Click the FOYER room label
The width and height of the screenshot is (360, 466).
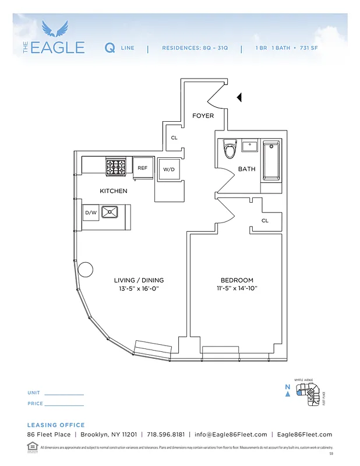(x=203, y=115)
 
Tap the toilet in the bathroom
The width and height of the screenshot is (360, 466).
(x=230, y=151)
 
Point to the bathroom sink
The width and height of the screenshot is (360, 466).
(x=250, y=146)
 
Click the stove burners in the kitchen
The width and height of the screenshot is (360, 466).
(x=118, y=167)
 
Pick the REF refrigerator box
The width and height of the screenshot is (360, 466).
(x=142, y=168)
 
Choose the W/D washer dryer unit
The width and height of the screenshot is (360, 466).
(x=169, y=170)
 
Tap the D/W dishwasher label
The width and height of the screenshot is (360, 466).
(x=91, y=213)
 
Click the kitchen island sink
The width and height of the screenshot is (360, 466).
(x=110, y=212)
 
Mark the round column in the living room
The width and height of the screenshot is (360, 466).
(x=85, y=270)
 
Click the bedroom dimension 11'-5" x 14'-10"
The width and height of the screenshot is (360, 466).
(x=237, y=288)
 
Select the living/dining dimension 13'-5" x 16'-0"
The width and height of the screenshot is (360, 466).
(x=139, y=288)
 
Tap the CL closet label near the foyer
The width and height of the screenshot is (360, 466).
(x=174, y=138)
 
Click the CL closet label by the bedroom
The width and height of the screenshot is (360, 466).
(x=265, y=221)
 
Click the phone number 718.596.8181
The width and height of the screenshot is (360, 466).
(x=165, y=435)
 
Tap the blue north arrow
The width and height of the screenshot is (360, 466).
(x=287, y=394)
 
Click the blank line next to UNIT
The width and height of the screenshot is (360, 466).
(x=64, y=394)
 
